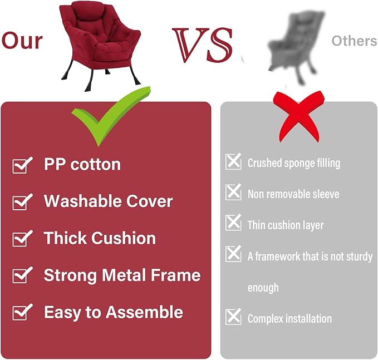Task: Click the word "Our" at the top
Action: [22, 41]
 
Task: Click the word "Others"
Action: [354, 41]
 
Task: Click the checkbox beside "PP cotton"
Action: [22, 165]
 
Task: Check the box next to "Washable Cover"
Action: [22, 202]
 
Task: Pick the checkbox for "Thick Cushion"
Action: [22, 239]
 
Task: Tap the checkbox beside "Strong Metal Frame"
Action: [22, 275]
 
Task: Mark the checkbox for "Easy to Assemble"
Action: [22, 313]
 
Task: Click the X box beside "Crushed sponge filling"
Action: [233, 162]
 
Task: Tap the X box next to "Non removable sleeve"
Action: [233, 193]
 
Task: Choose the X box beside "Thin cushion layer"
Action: [233, 224]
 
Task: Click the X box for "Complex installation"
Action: [233, 318]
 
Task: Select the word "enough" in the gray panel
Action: [263, 288]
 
